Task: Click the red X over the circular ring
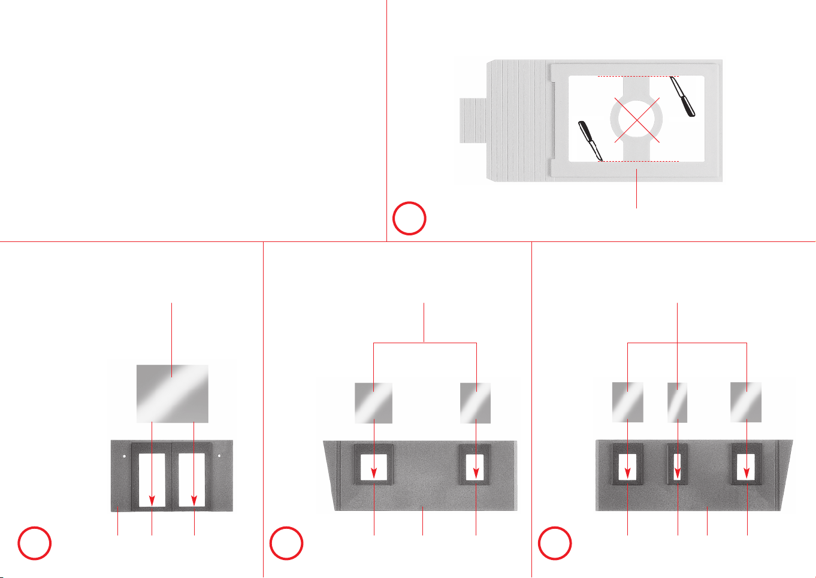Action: [x=637, y=120]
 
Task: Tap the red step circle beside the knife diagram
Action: [x=409, y=219]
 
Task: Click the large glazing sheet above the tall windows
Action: [x=173, y=393]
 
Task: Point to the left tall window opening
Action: [x=152, y=479]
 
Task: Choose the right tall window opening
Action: [x=194, y=479]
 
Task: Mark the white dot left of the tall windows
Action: [x=124, y=456]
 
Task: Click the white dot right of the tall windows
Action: [x=220, y=456]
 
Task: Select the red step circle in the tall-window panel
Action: [x=35, y=543]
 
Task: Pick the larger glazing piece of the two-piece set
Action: [x=374, y=403]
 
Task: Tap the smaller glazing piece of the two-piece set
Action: [x=476, y=403]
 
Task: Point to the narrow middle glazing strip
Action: [x=678, y=402]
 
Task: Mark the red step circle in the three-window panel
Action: [x=555, y=543]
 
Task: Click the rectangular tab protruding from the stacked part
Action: [x=473, y=121]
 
